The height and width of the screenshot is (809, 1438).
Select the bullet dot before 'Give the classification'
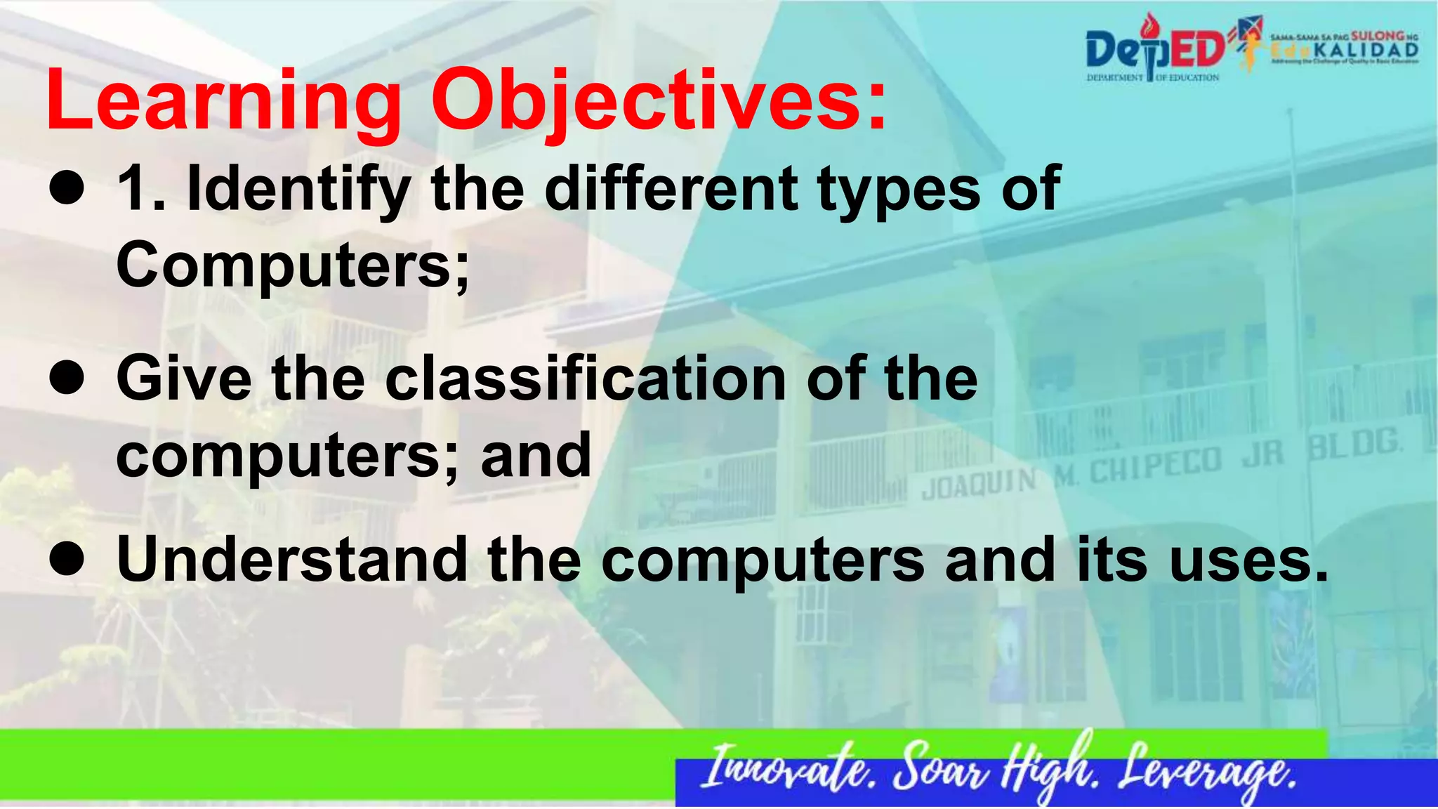[x=67, y=379]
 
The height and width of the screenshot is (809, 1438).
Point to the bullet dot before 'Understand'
[x=67, y=560]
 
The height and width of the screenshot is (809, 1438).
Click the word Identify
[x=298, y=190]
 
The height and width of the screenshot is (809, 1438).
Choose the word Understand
[x=292, y=560]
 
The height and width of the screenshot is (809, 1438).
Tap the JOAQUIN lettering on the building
[x=979, y=485]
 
